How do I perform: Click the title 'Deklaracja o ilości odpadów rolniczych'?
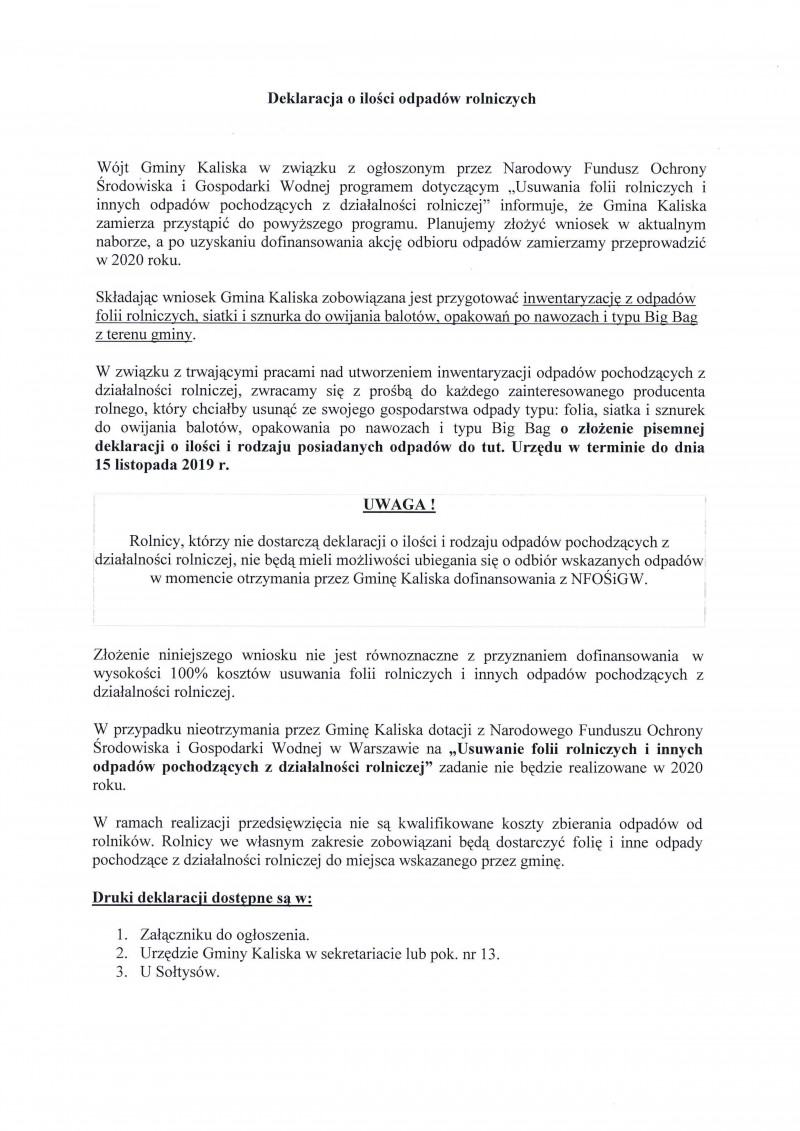click(400, 98)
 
